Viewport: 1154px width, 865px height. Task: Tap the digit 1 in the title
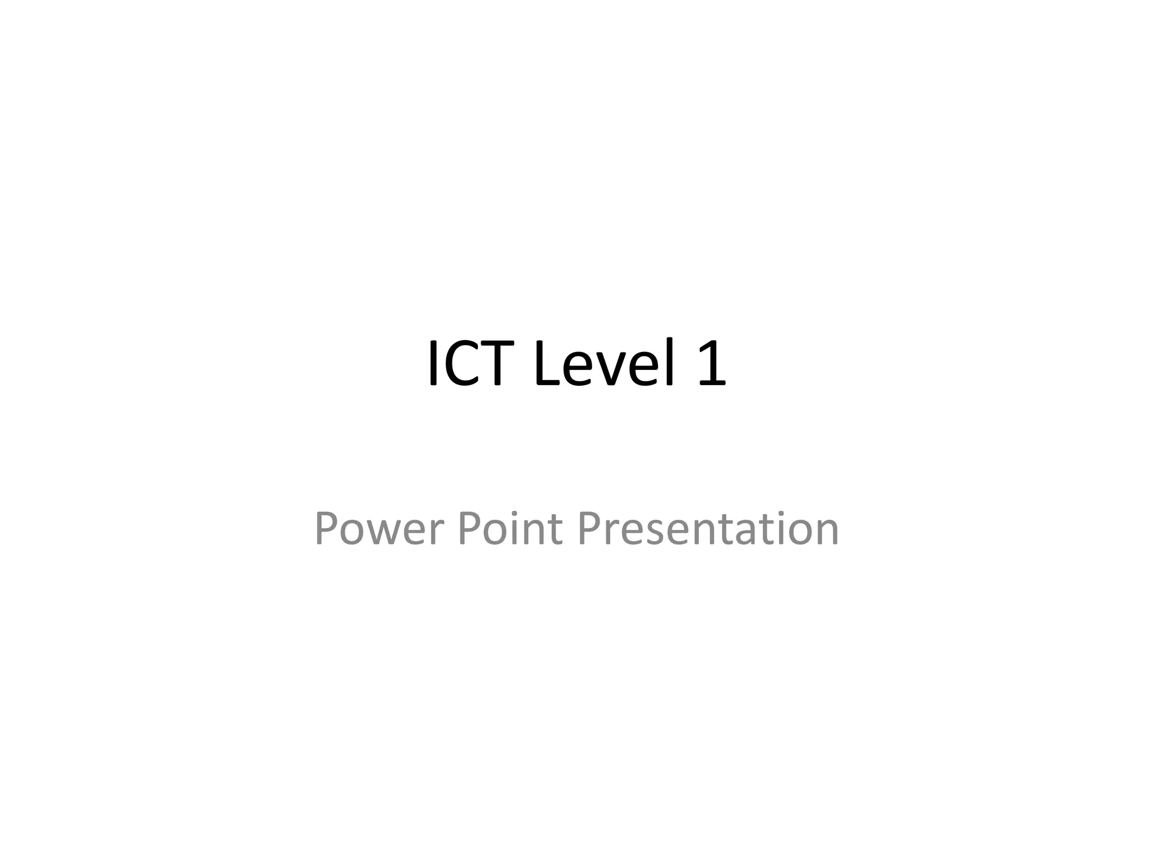click(712, 363)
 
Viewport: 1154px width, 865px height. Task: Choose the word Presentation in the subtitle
click(708, 528)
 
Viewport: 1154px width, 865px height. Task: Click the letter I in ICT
click(433, 363)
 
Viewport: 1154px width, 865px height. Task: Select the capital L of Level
click(547, 363)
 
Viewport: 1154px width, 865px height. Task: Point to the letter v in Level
click(612, 369)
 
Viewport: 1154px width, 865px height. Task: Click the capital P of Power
click(325, 528)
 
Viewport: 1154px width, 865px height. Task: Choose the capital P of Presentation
click(589, 528)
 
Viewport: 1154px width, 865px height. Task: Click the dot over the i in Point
click(514, 512)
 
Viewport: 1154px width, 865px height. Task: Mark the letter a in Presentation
click(745, 532)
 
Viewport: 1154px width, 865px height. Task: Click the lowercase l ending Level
click(670, 363)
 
